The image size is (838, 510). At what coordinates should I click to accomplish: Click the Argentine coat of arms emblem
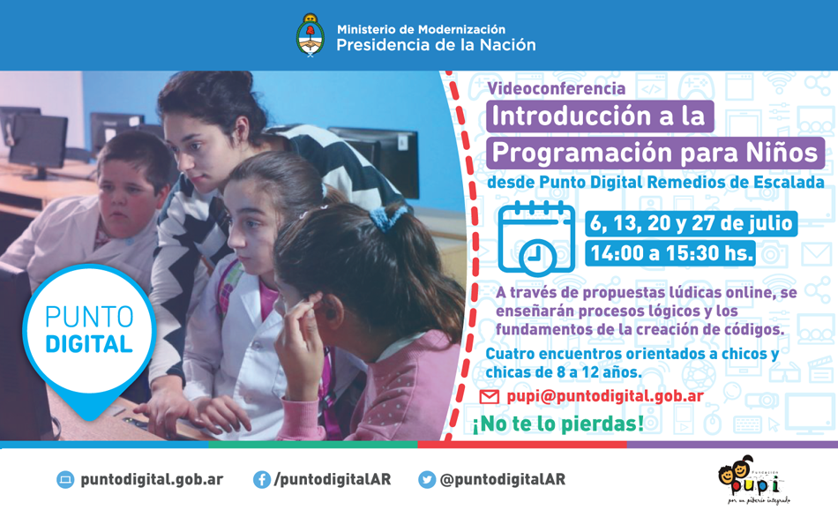click(x=310, y=35)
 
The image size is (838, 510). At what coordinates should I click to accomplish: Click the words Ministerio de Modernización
click(x=421, y=29)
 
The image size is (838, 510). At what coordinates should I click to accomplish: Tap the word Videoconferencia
click(x=557, y=88)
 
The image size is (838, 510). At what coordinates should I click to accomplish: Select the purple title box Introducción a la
click(x=600, y=116)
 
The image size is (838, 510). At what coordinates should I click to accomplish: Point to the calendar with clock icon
click(x=536, y=238)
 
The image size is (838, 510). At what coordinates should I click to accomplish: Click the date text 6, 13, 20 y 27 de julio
click(x=691, y=223)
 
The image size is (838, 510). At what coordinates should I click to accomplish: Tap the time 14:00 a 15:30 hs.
click(x=671, y=253)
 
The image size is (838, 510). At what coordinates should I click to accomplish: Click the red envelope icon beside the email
click(x=489, y=397)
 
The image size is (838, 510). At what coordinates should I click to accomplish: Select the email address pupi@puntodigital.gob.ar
click(x=605, y=396)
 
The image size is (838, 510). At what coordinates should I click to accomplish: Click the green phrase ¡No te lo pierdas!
click(x=558, y=424)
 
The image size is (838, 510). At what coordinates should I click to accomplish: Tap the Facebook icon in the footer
click(x=262, y=479)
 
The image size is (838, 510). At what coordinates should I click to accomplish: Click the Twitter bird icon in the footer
click(x=427, y=479)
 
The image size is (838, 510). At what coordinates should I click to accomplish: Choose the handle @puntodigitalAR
click(x=503, y=479)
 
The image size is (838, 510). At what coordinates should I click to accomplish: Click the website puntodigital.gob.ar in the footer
click(x=152, y=479)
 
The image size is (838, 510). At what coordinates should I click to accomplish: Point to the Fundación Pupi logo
click(x=754, y=479)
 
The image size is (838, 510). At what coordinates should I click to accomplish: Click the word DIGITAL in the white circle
click(x=89, y=345)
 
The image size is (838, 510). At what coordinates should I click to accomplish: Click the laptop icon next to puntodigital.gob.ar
click(x=65, y=479)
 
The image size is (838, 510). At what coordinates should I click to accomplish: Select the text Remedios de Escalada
click(x=736, y=183)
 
